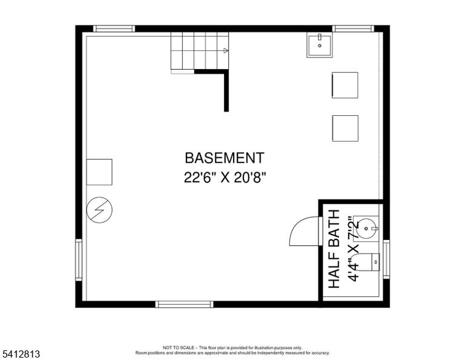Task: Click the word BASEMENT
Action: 225,158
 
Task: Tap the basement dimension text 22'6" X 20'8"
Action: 225,178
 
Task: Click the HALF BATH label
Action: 334,248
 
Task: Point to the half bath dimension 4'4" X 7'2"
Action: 354,248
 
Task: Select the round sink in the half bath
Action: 366,228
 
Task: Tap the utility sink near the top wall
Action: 320,45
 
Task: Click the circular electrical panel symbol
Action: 99,210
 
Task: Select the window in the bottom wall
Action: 184,304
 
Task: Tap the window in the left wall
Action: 79,260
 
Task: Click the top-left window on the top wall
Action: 114,28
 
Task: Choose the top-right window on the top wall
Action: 353,28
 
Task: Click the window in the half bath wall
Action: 386,259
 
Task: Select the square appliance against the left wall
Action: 99,172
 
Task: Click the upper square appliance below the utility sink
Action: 345,85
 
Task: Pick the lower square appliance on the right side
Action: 345,128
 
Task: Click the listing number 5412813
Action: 21,354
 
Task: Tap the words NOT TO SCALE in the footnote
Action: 178,347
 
